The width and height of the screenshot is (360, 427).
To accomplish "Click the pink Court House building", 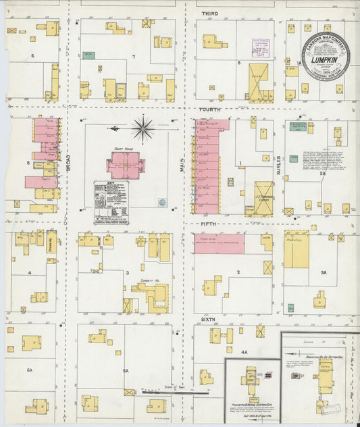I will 124,165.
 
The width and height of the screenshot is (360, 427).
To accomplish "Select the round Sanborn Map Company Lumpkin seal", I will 325,56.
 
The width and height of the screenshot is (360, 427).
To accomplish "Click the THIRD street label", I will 209,14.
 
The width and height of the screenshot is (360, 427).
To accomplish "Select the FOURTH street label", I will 210,109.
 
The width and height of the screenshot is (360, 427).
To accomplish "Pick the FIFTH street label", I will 208,224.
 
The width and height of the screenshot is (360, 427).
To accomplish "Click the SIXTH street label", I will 208,317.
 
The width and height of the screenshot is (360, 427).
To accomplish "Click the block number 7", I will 134,56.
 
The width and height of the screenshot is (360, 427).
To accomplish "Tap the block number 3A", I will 324,273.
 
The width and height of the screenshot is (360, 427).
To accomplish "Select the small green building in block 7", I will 88,55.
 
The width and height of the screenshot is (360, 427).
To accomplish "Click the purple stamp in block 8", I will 261,47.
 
